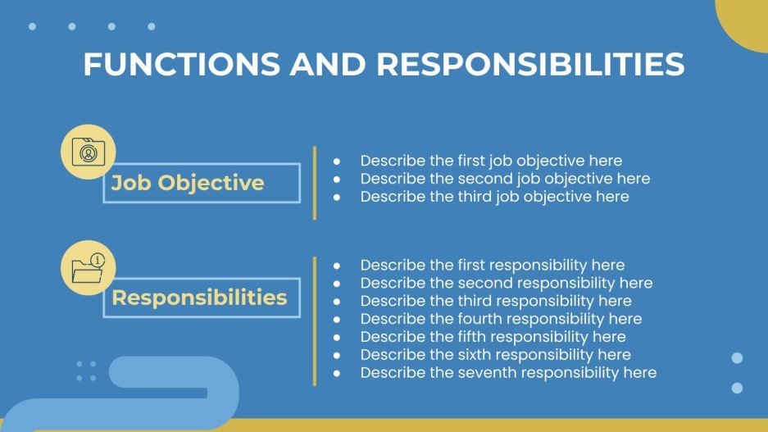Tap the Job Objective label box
point(201,183)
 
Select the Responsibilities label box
point(201,298)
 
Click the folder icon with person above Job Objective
point(89,152)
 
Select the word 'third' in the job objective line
point(452,197)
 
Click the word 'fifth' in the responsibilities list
point(452,337)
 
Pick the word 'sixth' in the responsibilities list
point(454,355)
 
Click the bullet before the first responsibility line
point(337,266)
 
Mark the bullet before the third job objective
point(337,198)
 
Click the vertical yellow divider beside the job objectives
point(315,183)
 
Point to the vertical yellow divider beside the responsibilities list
point(315,321)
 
